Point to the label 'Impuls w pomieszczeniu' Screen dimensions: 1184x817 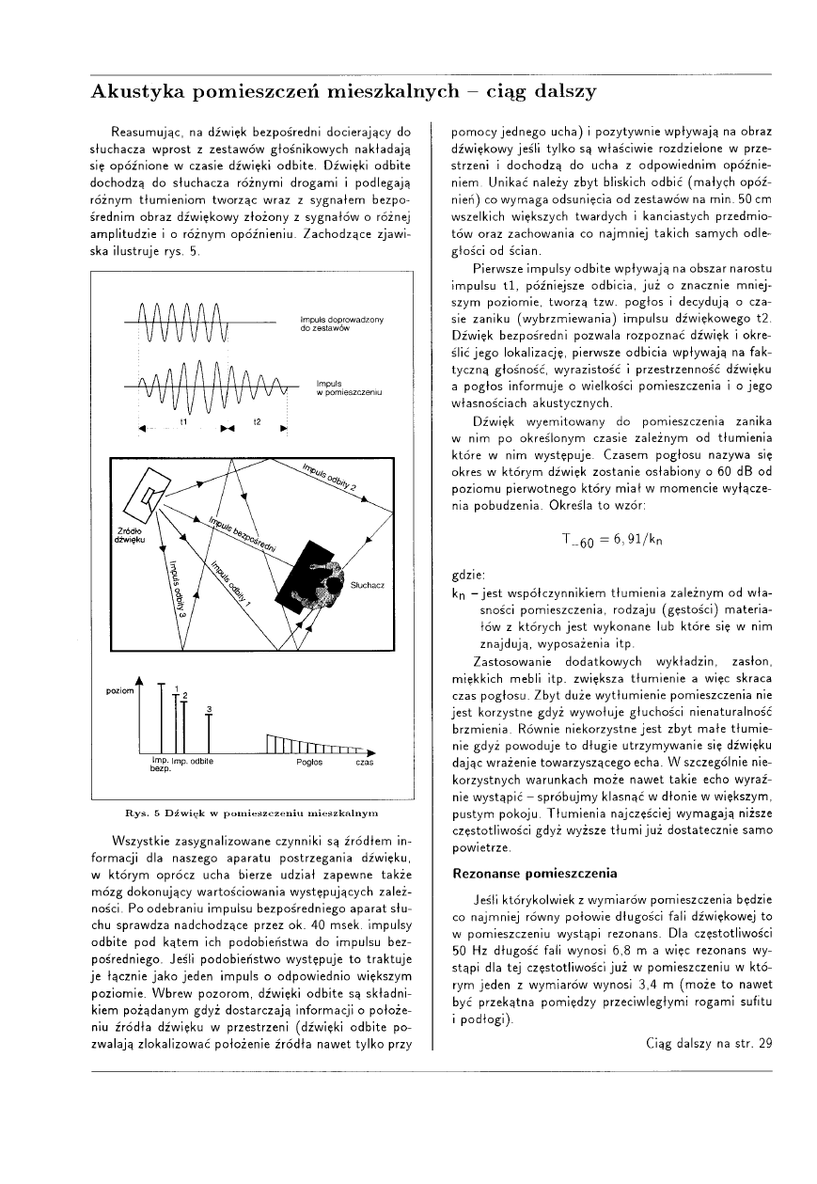pos(341,387)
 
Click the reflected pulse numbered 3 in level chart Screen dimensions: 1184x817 pos(209,722)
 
